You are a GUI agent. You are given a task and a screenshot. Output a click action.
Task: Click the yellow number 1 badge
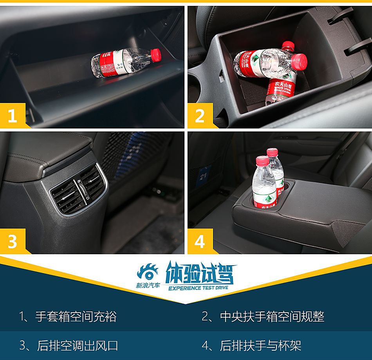point(13,116)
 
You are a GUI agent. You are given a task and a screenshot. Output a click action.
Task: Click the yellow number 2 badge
point(200,116)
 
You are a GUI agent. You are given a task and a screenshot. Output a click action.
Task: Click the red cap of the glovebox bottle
point(156,54)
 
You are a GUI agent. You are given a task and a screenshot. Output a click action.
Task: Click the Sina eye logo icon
point(147,272)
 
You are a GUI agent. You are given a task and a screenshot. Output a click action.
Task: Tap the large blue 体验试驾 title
point(200,273)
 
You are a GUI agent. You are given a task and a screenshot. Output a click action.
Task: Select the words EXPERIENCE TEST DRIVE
point(198,288)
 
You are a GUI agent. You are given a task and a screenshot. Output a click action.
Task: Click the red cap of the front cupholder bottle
point(262,161)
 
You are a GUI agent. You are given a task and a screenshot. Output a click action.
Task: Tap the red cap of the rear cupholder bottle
point(272,152)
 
